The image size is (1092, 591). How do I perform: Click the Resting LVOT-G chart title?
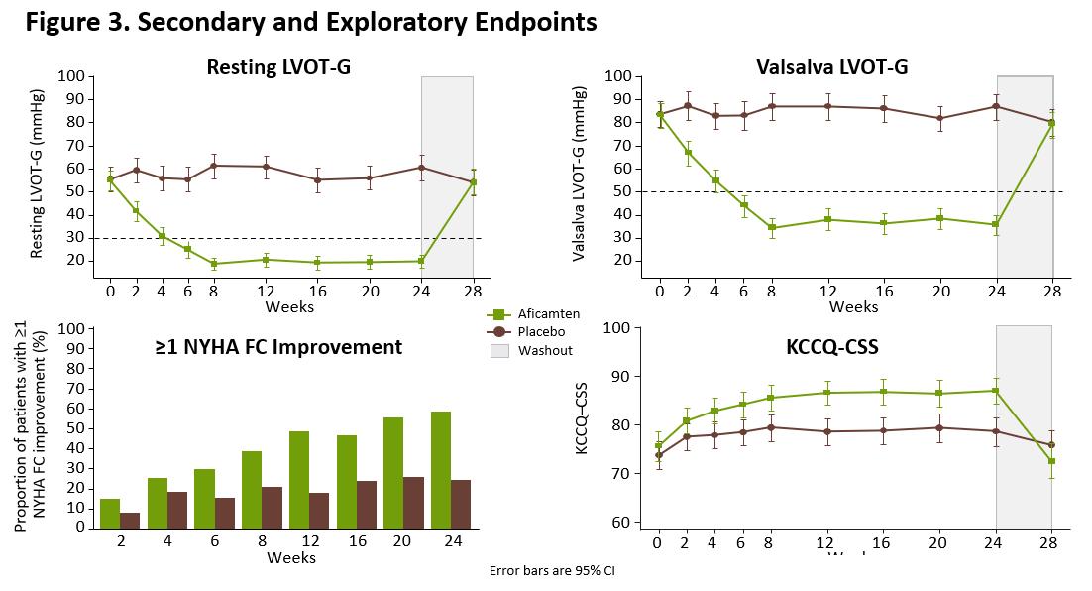(x=277, y=67)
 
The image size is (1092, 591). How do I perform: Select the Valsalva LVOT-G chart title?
(x=831, y=67)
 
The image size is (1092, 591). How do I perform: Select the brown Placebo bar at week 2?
(x=129, y=520)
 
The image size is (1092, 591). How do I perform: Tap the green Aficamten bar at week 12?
(x=298, y=479)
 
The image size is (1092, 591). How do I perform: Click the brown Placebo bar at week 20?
(x=413, y=502)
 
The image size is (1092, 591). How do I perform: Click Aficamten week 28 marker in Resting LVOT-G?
(x=473, y=182)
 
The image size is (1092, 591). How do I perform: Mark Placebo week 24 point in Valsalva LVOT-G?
(x=996, y=106)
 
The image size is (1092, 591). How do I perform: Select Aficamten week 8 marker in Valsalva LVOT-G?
(x=772, y=228)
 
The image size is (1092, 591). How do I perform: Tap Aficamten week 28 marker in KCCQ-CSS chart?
(x=1051, y=461)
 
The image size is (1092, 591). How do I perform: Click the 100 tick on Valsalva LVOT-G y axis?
(x=618, y=76)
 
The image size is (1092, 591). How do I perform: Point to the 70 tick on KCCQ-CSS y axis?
(x=617, y=474)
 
